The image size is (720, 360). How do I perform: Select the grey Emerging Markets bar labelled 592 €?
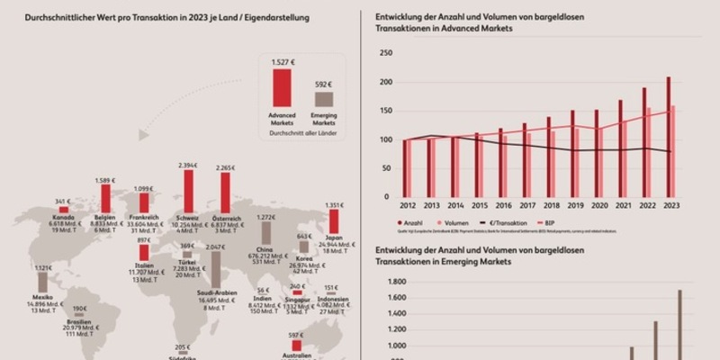pos(323,99)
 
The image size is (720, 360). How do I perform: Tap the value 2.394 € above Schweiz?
pos(188,166)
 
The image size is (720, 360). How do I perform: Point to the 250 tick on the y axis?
pos(387,54)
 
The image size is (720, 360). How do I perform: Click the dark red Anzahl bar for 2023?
pos(668,137)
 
